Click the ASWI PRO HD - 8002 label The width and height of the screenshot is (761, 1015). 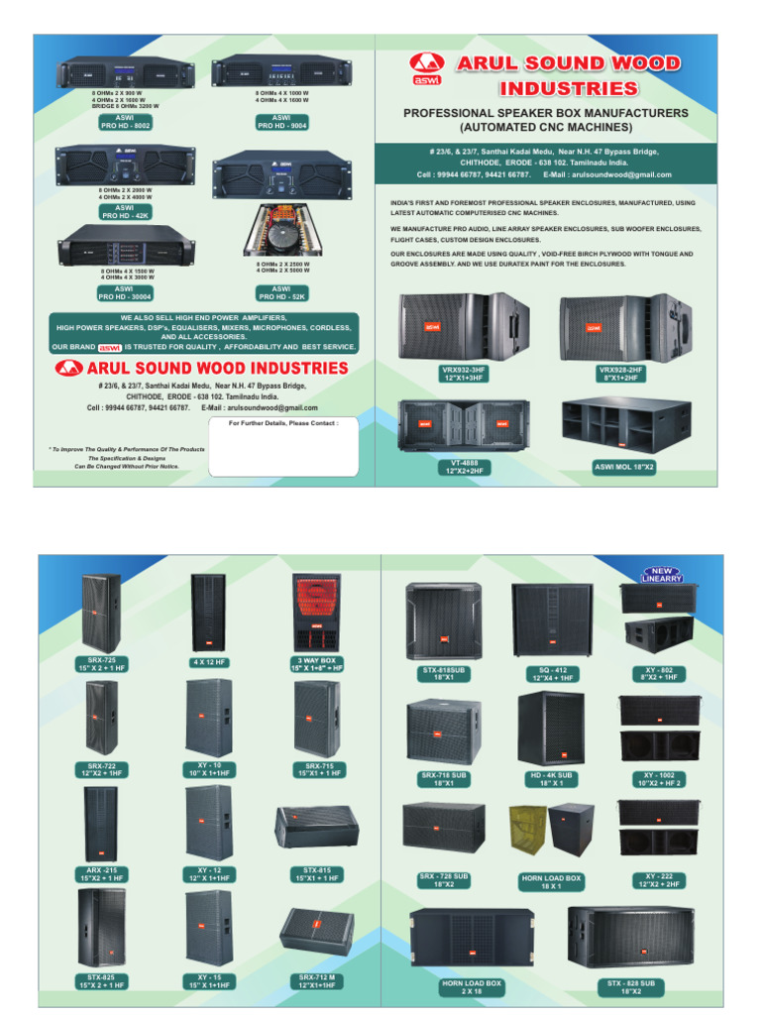pos(125,123)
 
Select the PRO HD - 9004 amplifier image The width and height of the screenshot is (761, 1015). pos(282,71)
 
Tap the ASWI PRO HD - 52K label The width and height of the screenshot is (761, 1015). pos(282,291)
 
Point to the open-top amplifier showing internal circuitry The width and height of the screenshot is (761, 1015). pos(283,230)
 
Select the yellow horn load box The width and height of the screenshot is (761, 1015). pos(528,831)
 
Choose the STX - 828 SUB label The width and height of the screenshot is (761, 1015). pos(630,986)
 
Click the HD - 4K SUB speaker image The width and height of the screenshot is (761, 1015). pos(551,729)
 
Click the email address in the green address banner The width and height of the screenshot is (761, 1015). pos(607,174)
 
